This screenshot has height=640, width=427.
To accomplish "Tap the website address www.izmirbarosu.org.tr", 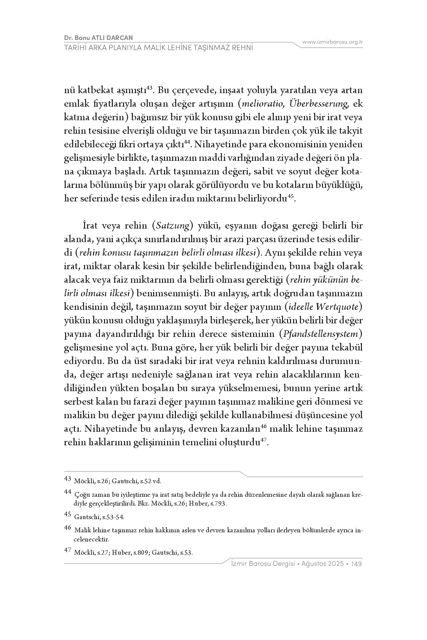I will (332, 42).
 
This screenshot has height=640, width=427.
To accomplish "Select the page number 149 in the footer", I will (357, 564).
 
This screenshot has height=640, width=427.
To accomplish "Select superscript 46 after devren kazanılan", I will (264, 427).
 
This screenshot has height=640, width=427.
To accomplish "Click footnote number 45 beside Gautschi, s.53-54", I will (68, 514).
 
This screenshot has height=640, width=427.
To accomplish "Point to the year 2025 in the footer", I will (337, 564).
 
